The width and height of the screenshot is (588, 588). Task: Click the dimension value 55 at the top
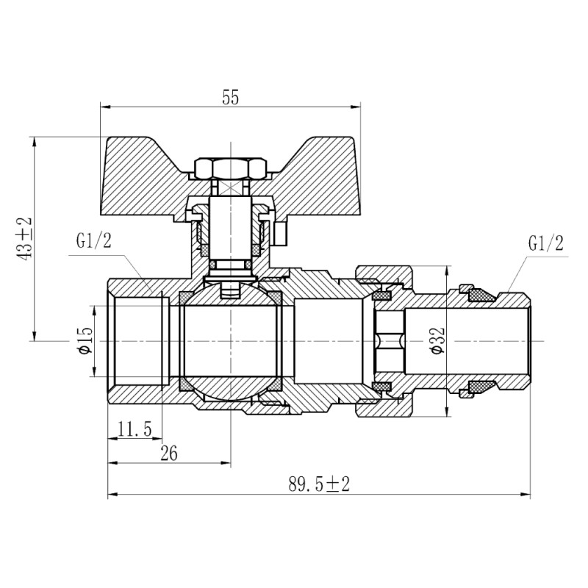(230, 97)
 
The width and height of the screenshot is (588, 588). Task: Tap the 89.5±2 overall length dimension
(318, 484)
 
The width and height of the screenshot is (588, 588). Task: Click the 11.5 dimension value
(133, 429)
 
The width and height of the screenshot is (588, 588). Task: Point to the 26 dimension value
(168, 453)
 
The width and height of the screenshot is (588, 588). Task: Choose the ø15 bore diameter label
(85, 341)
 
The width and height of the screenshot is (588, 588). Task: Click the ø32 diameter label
(439, 341)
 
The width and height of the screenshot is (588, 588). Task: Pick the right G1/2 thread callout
(545, 243)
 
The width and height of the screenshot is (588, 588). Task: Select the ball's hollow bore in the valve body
(230, 341)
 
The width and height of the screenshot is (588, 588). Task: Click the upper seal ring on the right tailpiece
(481, 295)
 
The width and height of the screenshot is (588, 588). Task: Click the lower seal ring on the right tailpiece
(481, 387)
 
